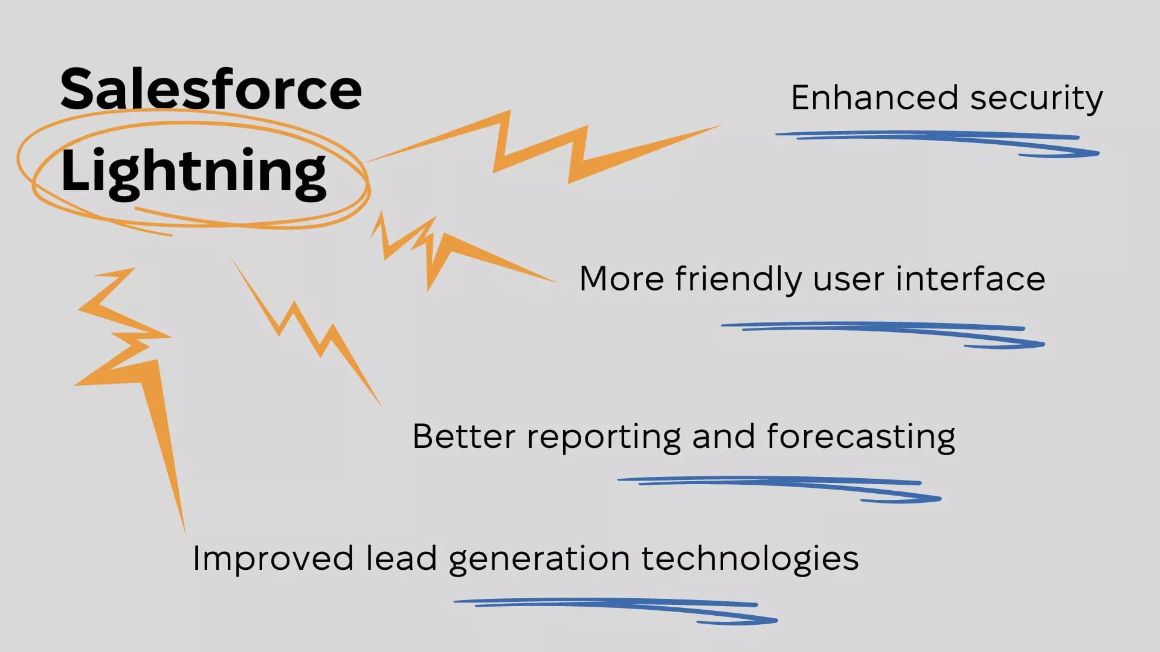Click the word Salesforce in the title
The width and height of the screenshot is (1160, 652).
coord(211,89)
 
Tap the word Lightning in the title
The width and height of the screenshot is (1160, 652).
coord(193,172)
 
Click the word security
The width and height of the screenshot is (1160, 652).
coord(1037,100)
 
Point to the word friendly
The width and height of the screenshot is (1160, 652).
coord(738,280)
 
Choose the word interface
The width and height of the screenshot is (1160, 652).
coord(970,279)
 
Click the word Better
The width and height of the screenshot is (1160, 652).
coord(463,436)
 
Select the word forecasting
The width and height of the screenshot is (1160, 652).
coord(861,438)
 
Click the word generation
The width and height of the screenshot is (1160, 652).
coord(540,560)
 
